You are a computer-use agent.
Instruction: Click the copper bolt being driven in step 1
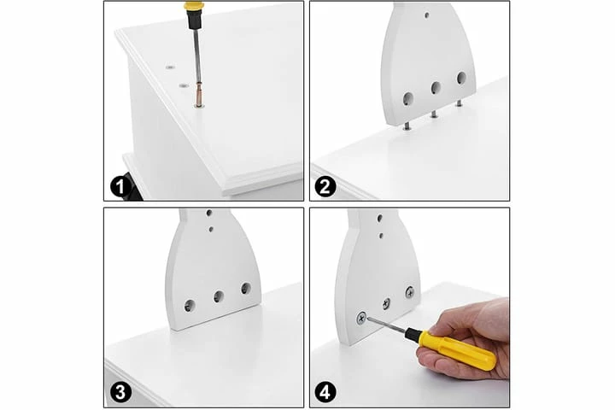point(199,97)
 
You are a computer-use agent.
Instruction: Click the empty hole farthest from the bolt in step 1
point(171,67)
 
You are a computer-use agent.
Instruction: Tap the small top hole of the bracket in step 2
point(427,15)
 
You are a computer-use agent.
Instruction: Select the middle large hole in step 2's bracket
point(436,87)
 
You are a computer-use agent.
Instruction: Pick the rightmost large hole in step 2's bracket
point(461,78)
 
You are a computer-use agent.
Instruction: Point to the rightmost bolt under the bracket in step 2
point(458,103)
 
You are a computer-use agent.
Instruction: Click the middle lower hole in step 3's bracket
point(219,296)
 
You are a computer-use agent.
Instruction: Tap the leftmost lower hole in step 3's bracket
point(190,305)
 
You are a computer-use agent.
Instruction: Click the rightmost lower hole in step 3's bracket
point(246,288)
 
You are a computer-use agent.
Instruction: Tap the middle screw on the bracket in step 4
point(387,302)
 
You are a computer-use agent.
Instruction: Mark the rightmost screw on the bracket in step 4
point(410,292)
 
